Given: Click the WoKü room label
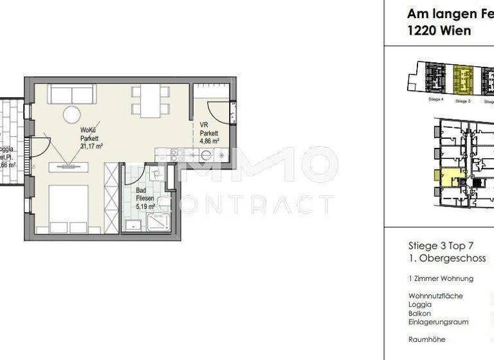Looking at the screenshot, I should pos(89,130).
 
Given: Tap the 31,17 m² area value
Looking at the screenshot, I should pos(93,146).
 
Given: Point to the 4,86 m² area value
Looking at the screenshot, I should pos(210,141).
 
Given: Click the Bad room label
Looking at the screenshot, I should pos(140,191).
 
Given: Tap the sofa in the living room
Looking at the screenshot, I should pos(71,94).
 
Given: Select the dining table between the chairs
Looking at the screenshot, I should pos(150,101).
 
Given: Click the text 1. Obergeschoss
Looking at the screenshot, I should pos(442,258).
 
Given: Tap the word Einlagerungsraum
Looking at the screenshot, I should pos(438,321).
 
